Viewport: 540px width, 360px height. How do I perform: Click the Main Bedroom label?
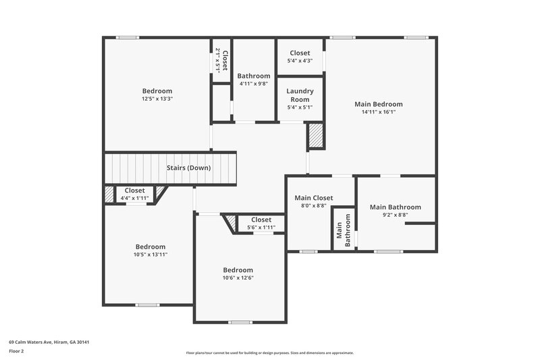point(379,104)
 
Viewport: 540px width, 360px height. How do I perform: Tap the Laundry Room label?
point(300,95)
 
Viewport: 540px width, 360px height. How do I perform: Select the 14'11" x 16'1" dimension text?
point(379,113)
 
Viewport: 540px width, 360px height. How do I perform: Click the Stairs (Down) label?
point(189,168)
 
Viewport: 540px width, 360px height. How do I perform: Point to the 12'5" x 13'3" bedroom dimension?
point(157,99)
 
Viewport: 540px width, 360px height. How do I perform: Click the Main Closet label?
point(314,198)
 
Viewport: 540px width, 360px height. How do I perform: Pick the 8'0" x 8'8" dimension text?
point(314,206)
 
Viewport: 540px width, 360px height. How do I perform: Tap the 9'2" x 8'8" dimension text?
point(395,215)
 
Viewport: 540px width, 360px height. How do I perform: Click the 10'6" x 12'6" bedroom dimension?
point(238,278)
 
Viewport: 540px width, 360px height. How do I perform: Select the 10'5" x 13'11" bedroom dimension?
point(150,255)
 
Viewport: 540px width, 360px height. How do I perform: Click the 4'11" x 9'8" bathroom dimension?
point(254,84)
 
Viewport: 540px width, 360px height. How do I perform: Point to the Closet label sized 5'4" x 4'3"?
point(300,53)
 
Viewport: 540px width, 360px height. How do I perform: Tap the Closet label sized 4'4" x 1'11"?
point(134,190)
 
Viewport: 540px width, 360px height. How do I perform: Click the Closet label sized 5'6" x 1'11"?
point(261,220)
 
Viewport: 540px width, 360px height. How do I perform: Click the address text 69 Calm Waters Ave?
point(49,342)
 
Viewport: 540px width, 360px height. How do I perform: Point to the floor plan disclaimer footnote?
point(270,353)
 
